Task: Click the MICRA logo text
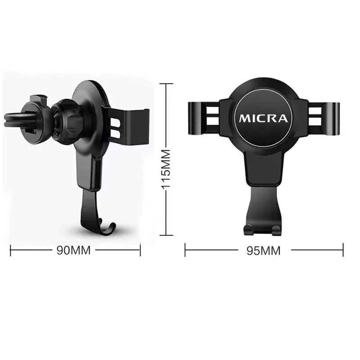(x=263, y=118)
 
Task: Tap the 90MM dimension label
(x=73, y=250)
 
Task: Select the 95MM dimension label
(x=264, y=251)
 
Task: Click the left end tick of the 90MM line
(x=10, y=251)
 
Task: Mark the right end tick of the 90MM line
(x=140, y=251)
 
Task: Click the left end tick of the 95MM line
(x=185, y=250)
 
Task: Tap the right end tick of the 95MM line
(x=343, y=250)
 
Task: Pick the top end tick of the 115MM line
(x=166, y=84)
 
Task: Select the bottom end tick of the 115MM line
(x=166, y=235)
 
